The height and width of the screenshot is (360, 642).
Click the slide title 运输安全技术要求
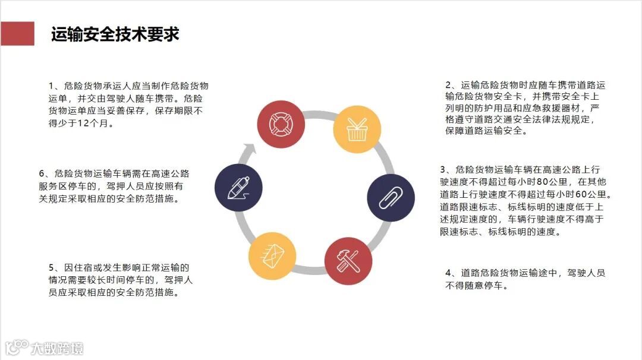(x=115, y=34)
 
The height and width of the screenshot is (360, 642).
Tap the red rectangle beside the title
(x=17, y=34)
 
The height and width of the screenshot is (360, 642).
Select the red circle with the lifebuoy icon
(x=281, y=124)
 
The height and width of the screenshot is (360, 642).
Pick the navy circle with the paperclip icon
(x=391, y=196)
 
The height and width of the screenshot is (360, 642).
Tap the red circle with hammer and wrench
(x=348, y=260)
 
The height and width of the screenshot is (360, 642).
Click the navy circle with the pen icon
(x=238, y=187)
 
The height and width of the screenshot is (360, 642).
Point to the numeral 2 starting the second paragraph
(x=449, y=86)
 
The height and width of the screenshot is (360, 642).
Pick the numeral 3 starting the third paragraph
(x=443, y=169)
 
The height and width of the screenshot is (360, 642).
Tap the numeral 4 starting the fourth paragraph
(x=449, y=273)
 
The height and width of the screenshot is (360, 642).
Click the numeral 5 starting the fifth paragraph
(x=52, y=268)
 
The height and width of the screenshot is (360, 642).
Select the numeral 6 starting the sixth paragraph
(x=42, y=173)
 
